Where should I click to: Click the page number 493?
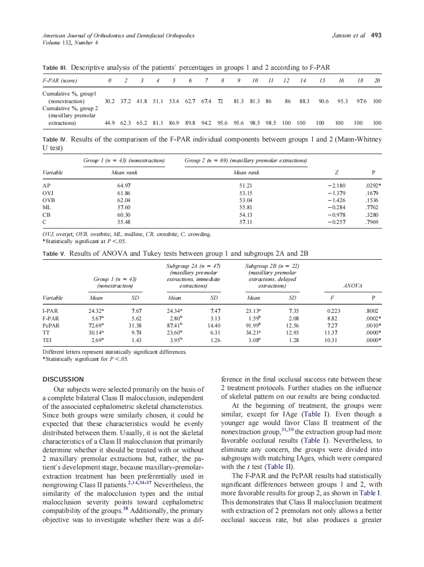pyautogui.click(x=376, y=35)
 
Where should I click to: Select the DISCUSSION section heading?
pyautogui.click(x=63, y=379)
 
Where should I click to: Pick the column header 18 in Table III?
pyautogui.click(x=358, y=80)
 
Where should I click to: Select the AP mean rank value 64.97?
pyautogui.click(x=124, y=185)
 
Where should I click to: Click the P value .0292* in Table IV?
pyautogui.click(x=372, y=185)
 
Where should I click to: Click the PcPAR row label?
pyautogui.click(x=51, y=326)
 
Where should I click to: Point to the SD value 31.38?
pyautogui.click(x=136, y=326)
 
